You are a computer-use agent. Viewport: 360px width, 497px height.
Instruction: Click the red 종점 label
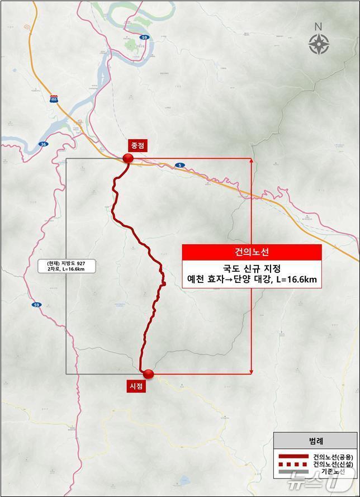(138, 145)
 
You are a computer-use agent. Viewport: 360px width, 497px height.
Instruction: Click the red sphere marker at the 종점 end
(128, 159)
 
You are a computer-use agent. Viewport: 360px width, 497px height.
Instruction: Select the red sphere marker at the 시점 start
(148, 374)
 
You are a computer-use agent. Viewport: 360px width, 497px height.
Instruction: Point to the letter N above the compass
(318, 27)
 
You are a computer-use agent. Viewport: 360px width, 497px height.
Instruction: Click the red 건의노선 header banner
(252, 252)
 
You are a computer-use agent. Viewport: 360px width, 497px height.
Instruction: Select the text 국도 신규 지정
(252, 269)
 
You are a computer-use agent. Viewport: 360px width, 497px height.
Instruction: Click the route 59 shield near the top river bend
(144, 37)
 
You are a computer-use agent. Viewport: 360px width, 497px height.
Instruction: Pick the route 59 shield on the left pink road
(36, 305)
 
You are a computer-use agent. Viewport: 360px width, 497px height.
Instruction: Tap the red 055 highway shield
(54, 99)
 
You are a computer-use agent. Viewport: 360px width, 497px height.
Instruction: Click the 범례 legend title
(316, 441)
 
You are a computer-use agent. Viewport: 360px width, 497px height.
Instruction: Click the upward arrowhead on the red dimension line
(252, 161)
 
